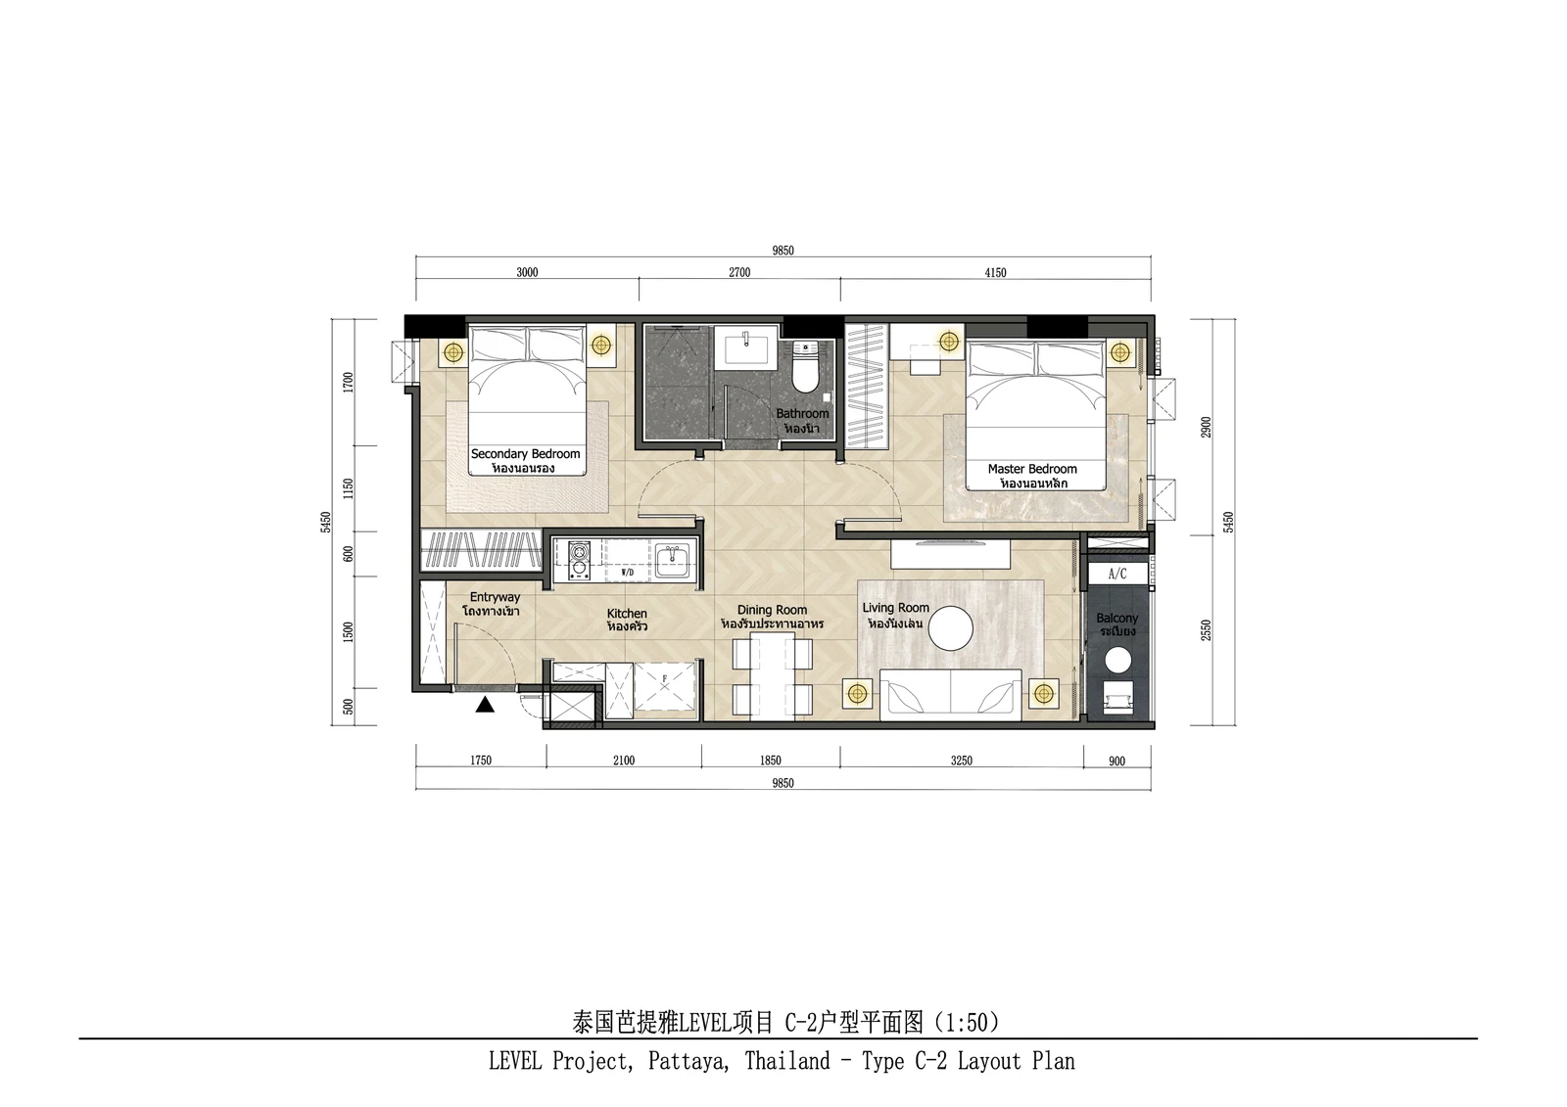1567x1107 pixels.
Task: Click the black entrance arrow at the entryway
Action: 485,705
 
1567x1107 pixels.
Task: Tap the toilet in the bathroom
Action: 806,367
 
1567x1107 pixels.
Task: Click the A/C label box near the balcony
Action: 1117,575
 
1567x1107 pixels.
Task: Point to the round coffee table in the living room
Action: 951,628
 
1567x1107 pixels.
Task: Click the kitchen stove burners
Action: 579,561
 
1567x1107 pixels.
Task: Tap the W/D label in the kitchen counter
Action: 628,574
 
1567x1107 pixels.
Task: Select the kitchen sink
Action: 674,561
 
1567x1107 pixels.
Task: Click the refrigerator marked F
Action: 665,688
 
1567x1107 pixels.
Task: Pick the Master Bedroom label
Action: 1032,469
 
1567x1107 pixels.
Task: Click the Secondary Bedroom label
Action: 525,453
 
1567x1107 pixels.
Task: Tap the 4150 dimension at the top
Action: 995,273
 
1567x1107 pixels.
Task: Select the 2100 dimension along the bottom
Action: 623,761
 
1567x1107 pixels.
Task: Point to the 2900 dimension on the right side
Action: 1206,428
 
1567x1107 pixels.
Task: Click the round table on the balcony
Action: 1117,660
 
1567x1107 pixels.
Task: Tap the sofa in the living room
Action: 950,694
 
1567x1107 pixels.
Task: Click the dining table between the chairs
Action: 773,676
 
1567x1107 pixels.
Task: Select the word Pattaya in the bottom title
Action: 689,1061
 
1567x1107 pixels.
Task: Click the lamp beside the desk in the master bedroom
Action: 949,342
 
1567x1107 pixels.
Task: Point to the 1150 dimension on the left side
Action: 348,488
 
